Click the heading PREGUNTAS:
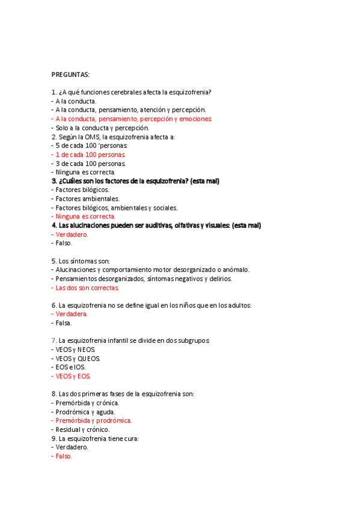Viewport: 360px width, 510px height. tap(70, 75)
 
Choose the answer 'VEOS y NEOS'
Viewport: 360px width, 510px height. tap(75, 349)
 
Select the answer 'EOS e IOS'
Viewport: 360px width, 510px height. tap(70, 367)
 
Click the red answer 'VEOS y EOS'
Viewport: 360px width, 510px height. tap(73, 376)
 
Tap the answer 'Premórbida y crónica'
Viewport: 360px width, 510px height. tap(87, 403)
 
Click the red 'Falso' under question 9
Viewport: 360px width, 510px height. tap(63, 456)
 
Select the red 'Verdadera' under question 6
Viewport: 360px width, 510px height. tap(71, 314)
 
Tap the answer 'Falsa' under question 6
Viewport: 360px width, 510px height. tap(63, 323)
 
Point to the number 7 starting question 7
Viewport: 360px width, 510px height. tap(53, 340)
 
